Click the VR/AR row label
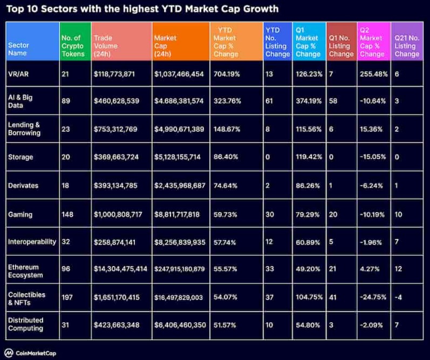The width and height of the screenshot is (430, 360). (x=19, y=73)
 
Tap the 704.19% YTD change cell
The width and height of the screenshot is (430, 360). (x=226, y=73)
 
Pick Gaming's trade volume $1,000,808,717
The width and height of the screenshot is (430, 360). (x=119, y=214)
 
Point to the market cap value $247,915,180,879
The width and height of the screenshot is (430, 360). (x=180, y=268)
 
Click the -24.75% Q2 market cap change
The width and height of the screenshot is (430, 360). (x=372, y=296)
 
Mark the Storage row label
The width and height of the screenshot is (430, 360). (x=21, y=157)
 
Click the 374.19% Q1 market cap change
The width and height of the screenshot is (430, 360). (x=309, y=100)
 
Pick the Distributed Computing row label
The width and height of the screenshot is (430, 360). (x=26, y=324)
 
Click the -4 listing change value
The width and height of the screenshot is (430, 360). (x=398, y=296)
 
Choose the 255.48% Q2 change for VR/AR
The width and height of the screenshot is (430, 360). (x=373, y=73)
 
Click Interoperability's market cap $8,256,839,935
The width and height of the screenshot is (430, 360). (x=180, y=242)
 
